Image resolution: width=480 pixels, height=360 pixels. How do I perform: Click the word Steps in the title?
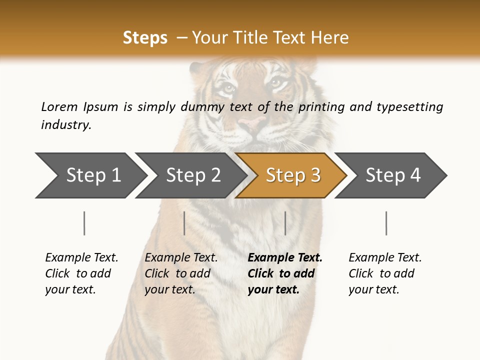point(145,37)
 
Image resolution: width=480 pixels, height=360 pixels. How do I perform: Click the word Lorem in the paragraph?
point(59,106)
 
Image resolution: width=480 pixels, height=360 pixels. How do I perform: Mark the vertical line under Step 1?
point(84,223)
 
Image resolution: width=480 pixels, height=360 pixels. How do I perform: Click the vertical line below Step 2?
point(184,223)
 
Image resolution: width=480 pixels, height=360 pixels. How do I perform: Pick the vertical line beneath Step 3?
point(285,223)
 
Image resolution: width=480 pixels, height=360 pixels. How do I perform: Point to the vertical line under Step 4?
point(386,223)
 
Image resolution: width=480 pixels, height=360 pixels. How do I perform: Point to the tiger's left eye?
point(227,88)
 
